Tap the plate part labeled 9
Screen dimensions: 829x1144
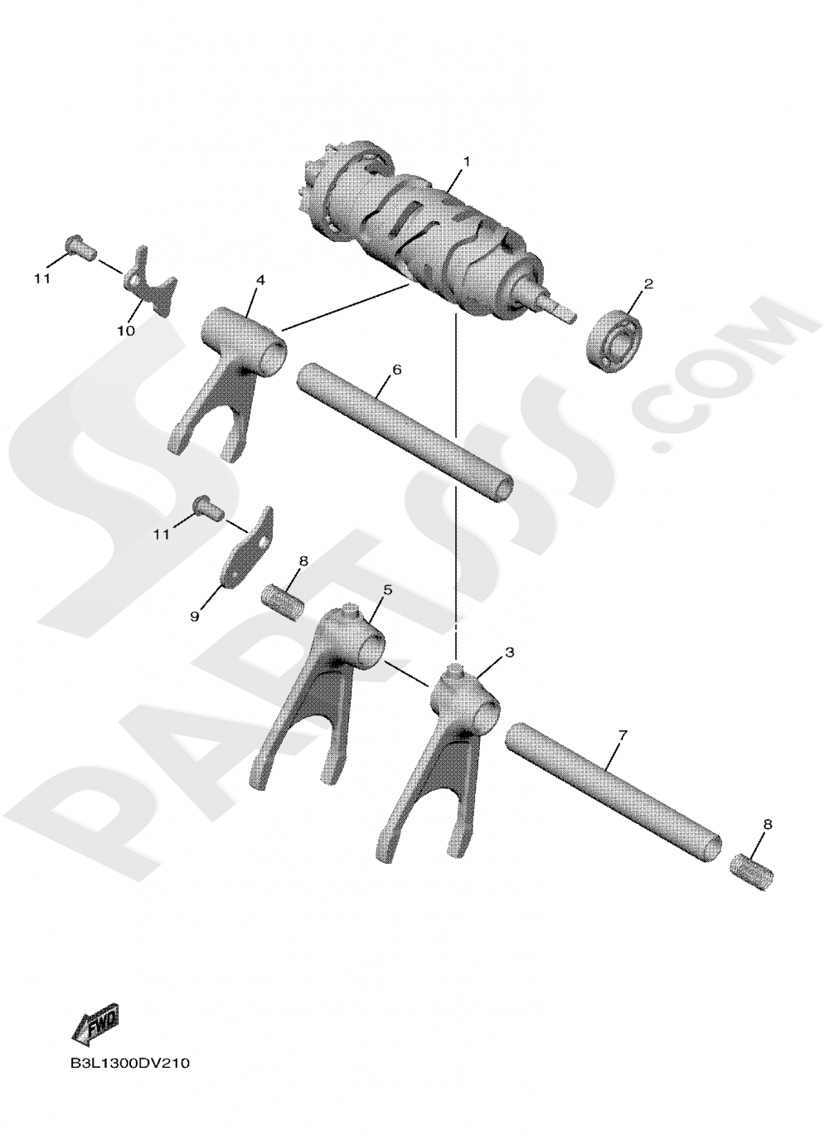click(247, 549)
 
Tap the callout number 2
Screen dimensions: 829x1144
click(647, 284)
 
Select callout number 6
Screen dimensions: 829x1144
click(397, 369)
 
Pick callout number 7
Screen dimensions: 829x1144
click(622, 735)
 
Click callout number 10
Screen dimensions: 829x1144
click(126, 331)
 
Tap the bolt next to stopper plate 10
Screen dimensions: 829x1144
click(80, 247)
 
